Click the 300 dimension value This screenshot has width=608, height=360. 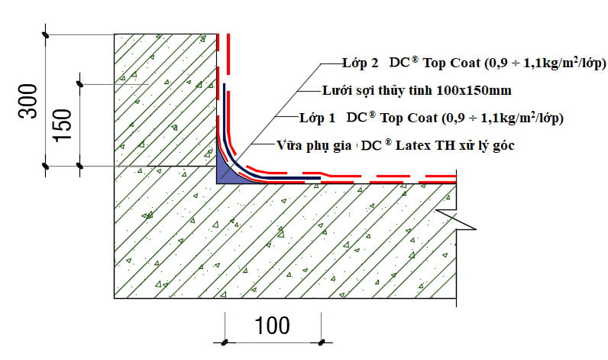[28, 102]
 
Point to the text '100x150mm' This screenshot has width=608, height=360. [474, 91]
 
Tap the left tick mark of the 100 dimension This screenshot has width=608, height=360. [225, 340]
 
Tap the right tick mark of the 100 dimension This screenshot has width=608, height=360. [322, 340]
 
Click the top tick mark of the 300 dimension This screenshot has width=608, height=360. [46, 34]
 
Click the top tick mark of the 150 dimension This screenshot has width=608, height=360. [79, 83]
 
